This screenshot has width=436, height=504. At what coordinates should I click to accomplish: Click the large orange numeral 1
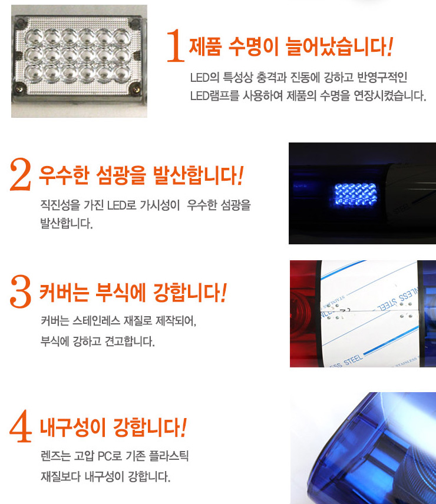[176, 45]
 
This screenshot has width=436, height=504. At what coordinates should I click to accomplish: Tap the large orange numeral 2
[21, 174]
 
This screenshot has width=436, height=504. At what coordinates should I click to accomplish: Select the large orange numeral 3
[21, 291]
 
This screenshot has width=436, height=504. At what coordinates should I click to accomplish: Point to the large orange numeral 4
[21, 426]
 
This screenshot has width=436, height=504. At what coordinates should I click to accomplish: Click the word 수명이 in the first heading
[253, 47]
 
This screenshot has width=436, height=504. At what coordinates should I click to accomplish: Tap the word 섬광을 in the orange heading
[121, 175]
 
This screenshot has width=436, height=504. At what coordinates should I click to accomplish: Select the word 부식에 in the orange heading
[121, 293]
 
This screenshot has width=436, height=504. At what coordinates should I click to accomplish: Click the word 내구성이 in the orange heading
[72, 428]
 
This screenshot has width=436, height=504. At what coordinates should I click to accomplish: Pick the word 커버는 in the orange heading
[64, 293]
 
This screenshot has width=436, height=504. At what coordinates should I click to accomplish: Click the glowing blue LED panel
[355, 195]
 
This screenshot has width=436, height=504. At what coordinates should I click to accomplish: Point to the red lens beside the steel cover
[305, 314]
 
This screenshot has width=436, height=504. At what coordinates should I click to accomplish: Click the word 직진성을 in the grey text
[60, 205]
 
